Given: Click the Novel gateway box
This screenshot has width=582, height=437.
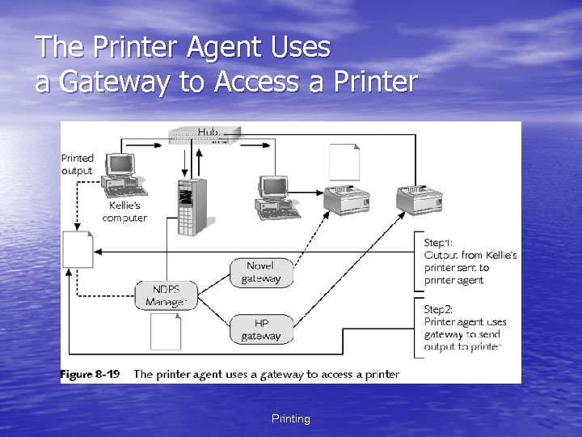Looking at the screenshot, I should pos(260,272).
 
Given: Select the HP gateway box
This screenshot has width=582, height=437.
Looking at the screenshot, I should pos(260,329).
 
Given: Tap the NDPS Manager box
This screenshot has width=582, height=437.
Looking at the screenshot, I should pos(165,296).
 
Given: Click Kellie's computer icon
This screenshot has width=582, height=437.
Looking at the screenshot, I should pos(122,175).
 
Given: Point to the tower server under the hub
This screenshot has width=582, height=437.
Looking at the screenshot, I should pos(191,206).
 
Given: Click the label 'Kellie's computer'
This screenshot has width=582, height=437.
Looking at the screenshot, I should pos(124,212).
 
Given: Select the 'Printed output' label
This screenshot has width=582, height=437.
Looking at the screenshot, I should pos(78,164).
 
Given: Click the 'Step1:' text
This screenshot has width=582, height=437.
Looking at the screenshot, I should pos(439,242).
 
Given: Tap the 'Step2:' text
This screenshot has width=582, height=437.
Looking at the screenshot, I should pos(439,308).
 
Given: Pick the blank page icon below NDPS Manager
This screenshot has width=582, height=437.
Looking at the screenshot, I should pos(166,331).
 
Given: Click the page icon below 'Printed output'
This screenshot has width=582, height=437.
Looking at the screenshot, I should pos(79,248).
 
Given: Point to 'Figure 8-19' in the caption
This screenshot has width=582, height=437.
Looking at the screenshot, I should pos(90,374).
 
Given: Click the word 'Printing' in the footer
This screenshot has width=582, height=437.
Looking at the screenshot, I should pos(290,418).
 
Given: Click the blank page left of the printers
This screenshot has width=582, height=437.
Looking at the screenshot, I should pos(344,162).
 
